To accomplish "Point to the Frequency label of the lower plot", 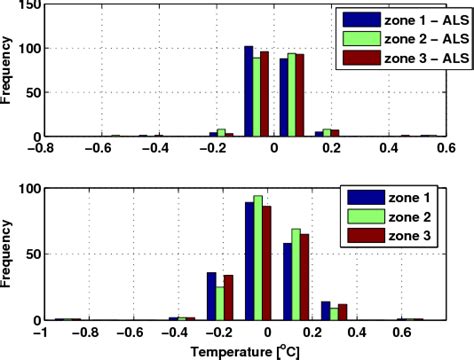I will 9,254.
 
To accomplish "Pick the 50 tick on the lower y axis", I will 30,254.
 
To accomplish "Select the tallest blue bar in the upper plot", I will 248,91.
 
